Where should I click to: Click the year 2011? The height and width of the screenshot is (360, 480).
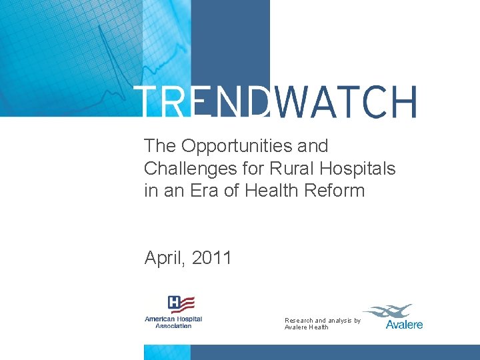coord(211,258)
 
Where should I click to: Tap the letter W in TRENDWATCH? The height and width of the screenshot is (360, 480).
coord(291,102)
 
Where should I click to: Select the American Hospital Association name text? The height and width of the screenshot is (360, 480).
coord(173,322)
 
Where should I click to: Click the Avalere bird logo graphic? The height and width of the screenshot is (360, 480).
coord(388,311)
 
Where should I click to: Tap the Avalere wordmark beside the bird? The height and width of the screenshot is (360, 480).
coord(404,325)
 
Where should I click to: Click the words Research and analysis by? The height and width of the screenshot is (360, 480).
coord(323,321)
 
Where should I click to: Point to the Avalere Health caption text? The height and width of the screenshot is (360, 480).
coord(307,327)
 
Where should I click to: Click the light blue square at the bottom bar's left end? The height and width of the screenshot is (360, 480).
coord(167,352)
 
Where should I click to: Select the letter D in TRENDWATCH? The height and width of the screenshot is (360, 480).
coord(257,102)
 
